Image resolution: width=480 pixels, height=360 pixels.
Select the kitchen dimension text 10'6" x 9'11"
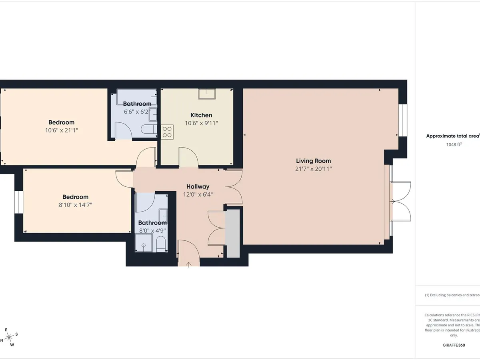coord(201,123)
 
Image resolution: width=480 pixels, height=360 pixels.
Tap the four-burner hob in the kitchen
coord(167,132)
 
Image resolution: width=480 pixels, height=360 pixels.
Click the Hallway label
coord(198,186)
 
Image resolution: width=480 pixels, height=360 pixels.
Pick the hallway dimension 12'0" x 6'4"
coord(198,195)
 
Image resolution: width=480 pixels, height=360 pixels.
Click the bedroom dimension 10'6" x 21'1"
coord(61,130)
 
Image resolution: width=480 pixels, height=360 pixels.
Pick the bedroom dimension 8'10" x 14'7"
coord(75,205)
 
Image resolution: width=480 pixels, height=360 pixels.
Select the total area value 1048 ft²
coord(454,144)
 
